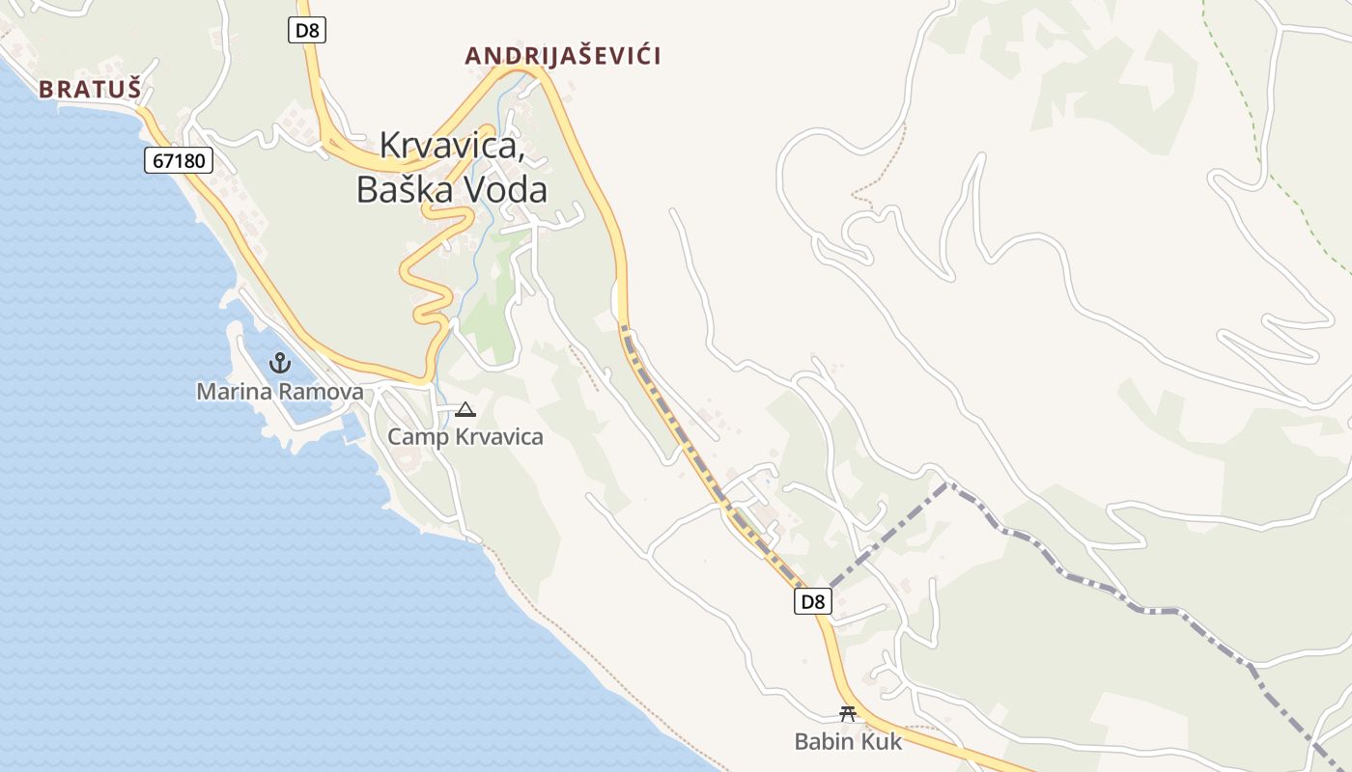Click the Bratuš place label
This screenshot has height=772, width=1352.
click(x=90, y=90)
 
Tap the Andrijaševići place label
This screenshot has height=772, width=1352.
click(x=563, y=56)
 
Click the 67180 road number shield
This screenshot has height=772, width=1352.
click(x=179, y=160)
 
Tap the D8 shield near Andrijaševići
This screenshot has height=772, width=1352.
click(x=307, y=30)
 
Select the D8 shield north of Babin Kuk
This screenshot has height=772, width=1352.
click(x=813, y=602)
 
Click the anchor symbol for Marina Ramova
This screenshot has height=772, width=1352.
click(x=280, y=364)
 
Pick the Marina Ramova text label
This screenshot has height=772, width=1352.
click(x=280, y=392)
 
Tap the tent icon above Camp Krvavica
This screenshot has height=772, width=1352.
click(x=465, y=410)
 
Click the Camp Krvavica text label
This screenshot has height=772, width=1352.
click(x=465, y=437)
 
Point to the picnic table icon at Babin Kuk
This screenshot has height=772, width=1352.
click(x=848, y=714)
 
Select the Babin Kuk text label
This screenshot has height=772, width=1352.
click(x=848, y=741)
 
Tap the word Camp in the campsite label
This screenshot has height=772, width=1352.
click(x=416, y=437)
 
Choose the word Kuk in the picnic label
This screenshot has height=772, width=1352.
click(x=883, y=741)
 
